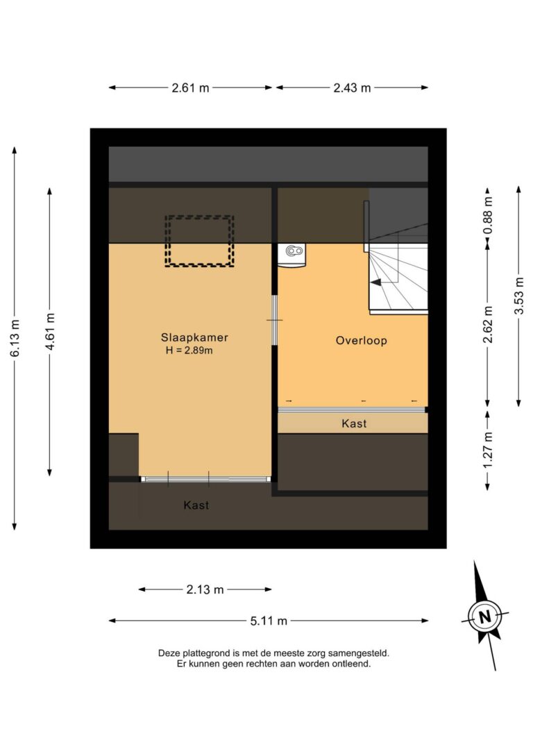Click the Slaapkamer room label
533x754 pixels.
[194, 337]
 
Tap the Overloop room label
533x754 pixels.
[361, 340]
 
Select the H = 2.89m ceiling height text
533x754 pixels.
[189, 351]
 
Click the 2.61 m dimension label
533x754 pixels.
[190, 88]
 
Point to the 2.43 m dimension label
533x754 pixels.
[352, 88]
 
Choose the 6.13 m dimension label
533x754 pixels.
[15, 338]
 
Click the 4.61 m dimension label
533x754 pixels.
[50, 331]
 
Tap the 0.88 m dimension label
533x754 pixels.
[488, 215]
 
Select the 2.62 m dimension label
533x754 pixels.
[488, 325]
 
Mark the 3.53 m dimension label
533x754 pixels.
[518, 296]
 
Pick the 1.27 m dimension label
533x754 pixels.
[488, 450]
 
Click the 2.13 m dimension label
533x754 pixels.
[205, 589]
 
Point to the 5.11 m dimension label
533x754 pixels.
[268, 621]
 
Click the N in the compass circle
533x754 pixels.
[484, 617]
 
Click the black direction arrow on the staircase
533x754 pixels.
[376, 283]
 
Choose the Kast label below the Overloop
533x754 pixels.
[354, 424]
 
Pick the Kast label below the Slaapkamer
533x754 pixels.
[196, 505]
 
